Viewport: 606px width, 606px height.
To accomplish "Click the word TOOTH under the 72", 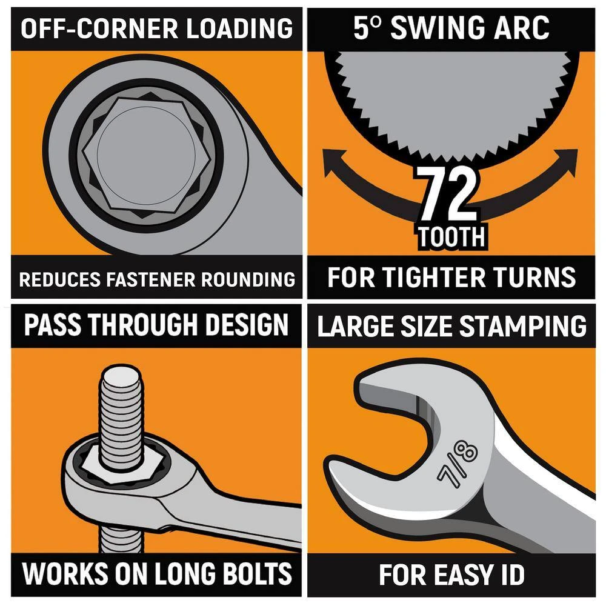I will (452, 237).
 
